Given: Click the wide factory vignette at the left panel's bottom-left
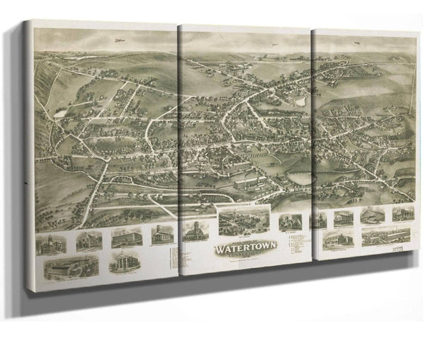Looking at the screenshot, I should click(x=63, y=270).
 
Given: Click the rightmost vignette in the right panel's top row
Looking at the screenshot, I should click(x=403, y=213).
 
